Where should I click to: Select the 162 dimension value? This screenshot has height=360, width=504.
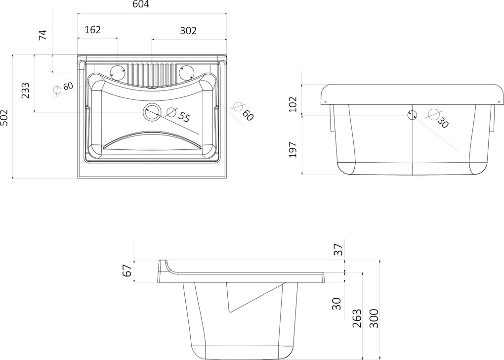[x=92, y=30]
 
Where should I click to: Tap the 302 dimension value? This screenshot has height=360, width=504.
[x=188, y=31]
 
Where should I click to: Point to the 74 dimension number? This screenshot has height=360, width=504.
[x=43, y=35]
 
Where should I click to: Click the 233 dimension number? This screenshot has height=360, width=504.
[x=25, y=90]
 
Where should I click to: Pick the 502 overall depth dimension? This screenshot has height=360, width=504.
[x=4, y=118]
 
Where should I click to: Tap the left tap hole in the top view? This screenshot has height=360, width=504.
[x=118, y=71]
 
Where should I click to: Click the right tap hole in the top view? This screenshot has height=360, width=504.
[x=186, y=71]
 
